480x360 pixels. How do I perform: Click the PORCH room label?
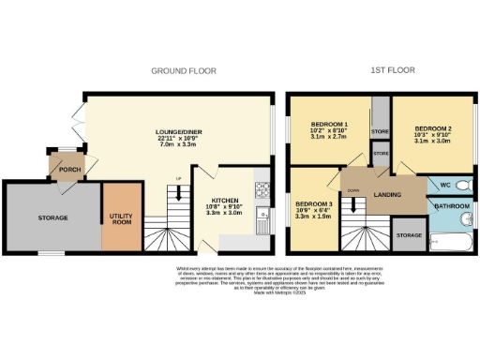[69, 170]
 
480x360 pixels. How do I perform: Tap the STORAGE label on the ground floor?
[52, 217]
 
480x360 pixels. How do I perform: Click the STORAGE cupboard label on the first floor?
[408, 235]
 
